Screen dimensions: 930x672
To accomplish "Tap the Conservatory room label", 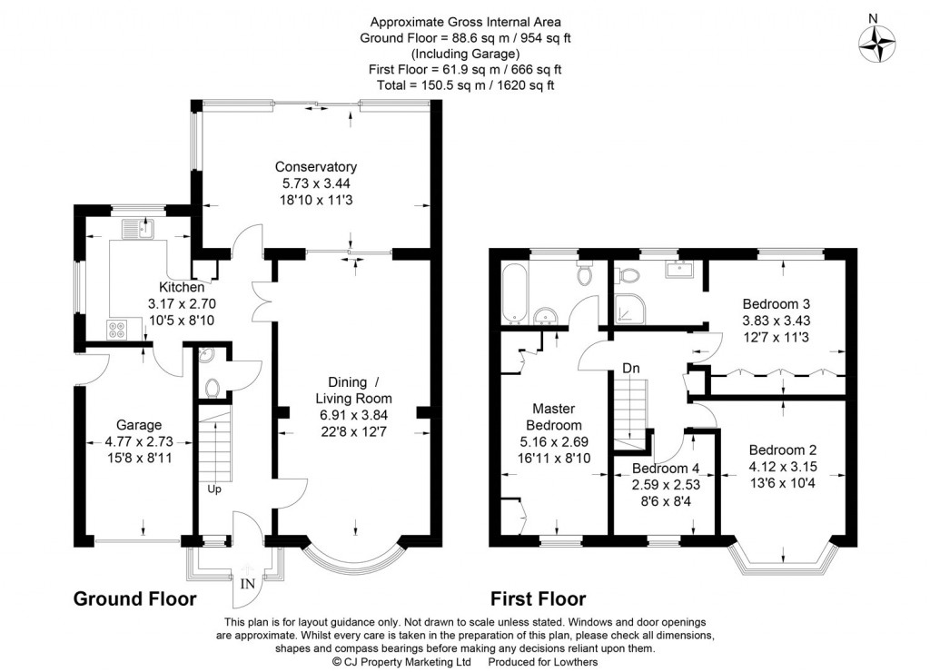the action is tap(315, 167).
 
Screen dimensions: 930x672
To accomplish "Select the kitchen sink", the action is tap(138, 228).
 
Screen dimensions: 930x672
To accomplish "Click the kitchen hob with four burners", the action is tap(116, 329).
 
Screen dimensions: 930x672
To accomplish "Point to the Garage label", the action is tap(139, 425).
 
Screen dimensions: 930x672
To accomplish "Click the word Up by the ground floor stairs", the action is tap(214, 489).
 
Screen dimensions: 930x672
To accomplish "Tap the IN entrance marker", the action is tap(247, 584).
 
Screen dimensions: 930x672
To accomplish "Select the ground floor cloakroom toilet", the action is tap(213, 389).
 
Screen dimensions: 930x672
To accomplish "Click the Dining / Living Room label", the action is tap(353, 390).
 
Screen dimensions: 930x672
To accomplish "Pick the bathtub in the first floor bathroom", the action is tap(512, 293).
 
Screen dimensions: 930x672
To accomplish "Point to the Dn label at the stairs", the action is tap(631, 369).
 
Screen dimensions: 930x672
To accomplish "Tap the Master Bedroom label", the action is tap(554, 416).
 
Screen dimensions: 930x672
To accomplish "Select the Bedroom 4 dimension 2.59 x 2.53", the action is tap(666, 485).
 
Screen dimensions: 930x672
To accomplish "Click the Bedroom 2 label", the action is tap(782, 450).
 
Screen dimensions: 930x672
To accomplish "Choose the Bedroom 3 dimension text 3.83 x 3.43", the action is tap(777, 321).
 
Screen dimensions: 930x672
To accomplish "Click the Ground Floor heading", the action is tap(134, 598).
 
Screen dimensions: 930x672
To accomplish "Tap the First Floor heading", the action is tap(538, 598).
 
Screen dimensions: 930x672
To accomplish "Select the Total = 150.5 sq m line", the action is tap(466, 84).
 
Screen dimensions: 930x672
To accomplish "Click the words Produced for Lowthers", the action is tap(543, 662).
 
